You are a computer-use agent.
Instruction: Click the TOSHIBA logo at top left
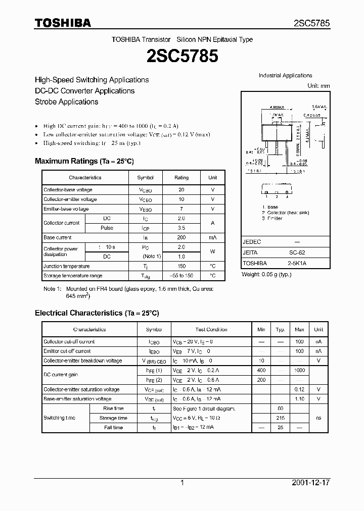click(x=63, y=23)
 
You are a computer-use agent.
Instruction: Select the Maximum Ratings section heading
click(x=84, y=161)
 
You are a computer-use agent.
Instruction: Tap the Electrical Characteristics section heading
click(x=97, y=313)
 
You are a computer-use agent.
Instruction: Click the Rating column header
click(x=181, y=178)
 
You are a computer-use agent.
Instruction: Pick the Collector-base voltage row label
click(x=68, y=190)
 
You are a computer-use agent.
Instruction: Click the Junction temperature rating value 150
click(x=181, y=266)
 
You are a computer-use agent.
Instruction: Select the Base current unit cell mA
click(x=212, y=237)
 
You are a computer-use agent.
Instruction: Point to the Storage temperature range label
click(x=73, y=276)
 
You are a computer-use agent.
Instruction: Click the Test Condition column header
click(x=211, y=329)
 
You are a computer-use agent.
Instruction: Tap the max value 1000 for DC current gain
click(x=299, y=370)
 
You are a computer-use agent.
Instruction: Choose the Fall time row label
click(x=113, y=428)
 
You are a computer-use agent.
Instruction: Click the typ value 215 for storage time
click(x=281, y=418)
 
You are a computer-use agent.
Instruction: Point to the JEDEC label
click(x=252, y=242)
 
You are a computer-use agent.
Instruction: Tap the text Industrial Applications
click(x=285, y=75)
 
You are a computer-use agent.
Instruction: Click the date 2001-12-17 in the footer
click(x=311, y=483)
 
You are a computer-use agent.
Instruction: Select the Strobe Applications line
click(x=66, y=101)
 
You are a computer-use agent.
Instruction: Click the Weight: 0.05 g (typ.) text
click(x=266, y=274)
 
